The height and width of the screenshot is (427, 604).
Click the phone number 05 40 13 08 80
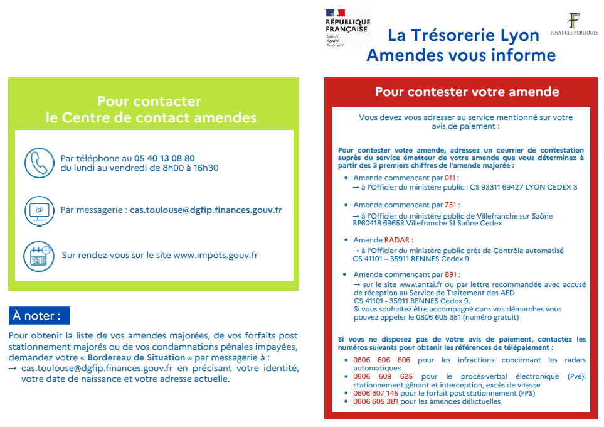pos(164,158)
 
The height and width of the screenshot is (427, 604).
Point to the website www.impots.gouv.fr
pos(215,256)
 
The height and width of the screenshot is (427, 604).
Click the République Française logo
pos(347,28)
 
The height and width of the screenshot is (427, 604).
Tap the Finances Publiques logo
pos(573,25)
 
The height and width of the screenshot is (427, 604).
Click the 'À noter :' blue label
pos(39,316)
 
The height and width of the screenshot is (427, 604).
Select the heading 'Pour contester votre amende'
pos(467,92)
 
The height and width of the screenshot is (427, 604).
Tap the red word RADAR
pos(398,240)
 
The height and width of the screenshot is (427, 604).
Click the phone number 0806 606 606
pos(382,360)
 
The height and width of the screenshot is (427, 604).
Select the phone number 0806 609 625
pos(382,377)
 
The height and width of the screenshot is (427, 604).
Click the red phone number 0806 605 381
pos(376,401)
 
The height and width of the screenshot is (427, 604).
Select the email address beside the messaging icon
pos(206,210)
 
